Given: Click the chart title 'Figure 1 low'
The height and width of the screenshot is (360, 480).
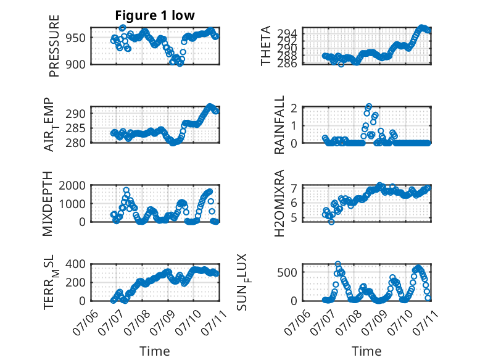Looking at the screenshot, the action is pos(155,15).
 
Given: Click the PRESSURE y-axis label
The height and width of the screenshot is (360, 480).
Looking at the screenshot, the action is pos(54,46).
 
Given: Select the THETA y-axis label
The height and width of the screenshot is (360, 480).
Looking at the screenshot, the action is pos(266,46).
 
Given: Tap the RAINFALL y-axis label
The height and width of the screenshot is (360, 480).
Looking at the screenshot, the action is pos(279,124).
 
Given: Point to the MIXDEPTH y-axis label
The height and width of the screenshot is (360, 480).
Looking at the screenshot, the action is pos(48,204).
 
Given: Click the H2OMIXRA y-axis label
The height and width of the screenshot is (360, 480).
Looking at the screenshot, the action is pos(279,203).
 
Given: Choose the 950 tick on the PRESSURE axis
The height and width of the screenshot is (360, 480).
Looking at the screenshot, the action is pos(76,38).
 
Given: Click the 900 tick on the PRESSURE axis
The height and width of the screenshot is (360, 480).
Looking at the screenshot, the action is pos(76,64).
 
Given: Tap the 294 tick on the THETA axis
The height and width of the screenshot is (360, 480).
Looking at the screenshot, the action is pos(287,33).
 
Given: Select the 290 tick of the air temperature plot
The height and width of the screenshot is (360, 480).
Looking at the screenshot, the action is pos(76,114).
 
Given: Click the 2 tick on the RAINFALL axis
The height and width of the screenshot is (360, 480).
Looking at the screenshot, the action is pos(294,108).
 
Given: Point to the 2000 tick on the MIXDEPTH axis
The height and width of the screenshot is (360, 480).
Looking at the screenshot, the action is pos(72,185).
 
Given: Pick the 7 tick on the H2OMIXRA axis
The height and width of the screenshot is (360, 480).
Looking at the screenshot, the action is pos(294,188).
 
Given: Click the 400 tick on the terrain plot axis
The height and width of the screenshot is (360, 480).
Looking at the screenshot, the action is pos(76,264).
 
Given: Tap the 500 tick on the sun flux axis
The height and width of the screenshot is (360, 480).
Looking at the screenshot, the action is pos(287,272).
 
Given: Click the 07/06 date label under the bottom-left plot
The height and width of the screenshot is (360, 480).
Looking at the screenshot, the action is pos(85,322).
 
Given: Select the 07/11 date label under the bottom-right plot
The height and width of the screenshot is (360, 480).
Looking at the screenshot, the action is pos(425,322).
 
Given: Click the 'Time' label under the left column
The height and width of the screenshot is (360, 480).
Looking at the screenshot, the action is pos(155,351).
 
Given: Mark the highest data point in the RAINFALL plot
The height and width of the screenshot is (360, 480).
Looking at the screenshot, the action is pos(368,106).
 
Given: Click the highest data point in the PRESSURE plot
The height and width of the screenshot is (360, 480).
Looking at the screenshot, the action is pos(122,28).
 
